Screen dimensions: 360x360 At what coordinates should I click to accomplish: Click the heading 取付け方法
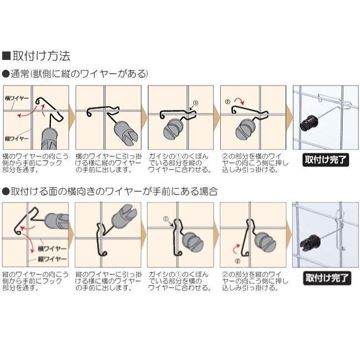click(42, 56)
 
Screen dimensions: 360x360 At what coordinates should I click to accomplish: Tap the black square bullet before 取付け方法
click(7, 56)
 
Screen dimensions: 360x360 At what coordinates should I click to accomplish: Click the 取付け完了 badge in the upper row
click(326, 160)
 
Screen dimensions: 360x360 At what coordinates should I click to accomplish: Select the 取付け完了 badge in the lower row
click(327, 278)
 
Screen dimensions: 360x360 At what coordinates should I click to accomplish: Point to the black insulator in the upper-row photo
click(310, 124)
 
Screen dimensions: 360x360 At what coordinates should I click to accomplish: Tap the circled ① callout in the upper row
click(195, 103)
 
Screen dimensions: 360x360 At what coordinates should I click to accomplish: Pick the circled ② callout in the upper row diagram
click(227, 102)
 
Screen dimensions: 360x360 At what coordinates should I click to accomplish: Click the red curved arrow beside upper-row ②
click(239, 100)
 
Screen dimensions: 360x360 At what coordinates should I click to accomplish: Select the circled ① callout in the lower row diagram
click(166, 219)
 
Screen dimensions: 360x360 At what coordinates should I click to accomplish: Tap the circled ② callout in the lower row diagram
click(237, 261)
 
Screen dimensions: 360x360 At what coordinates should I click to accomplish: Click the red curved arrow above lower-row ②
click(236, 249)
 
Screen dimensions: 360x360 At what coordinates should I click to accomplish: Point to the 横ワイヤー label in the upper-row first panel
click(17, 98)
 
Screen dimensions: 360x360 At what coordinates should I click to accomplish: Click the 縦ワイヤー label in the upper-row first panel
click(17, 139)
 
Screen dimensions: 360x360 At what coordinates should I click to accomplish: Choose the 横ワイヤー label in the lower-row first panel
click(52, 249)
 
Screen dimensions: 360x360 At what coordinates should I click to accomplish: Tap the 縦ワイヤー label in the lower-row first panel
click(52, 259)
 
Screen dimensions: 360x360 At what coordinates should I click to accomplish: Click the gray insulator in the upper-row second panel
click(126, 133)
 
